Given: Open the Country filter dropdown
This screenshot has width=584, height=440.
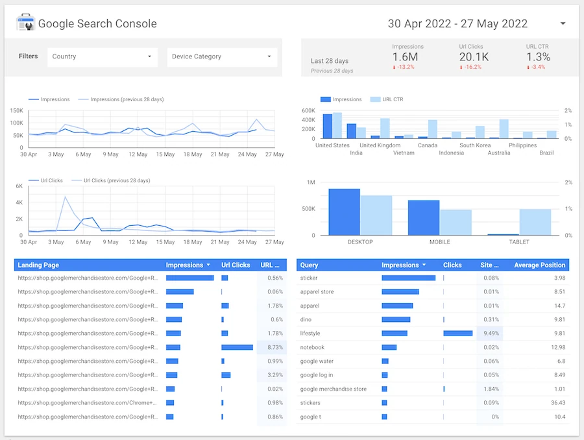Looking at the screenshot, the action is (102, 56).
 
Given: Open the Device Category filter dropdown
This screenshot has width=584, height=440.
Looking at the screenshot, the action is (222, 56).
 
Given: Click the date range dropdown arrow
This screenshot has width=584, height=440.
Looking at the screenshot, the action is (563, 23).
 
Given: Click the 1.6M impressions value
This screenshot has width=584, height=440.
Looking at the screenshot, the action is (405, 57).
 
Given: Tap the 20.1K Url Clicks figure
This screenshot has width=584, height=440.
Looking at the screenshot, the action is (474, 57).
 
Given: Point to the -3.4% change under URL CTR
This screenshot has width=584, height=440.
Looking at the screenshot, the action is (536, 67).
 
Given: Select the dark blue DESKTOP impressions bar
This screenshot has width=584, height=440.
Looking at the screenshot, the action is (344, 212).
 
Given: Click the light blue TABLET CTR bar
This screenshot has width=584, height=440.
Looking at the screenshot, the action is (535, 222).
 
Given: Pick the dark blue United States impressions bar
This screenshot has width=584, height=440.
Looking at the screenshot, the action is (328, 127).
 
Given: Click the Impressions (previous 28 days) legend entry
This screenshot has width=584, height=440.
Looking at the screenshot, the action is (121, 99).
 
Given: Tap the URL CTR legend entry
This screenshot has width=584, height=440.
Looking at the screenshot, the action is (387, 99).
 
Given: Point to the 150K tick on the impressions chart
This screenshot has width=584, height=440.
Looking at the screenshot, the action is (17, 111).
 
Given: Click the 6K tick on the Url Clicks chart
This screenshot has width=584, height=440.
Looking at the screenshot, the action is (19, 186).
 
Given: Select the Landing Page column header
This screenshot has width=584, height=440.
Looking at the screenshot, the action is (38, 265).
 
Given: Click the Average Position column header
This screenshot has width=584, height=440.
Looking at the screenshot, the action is (540, 265).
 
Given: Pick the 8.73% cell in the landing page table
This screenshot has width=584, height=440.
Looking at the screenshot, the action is (275, 347).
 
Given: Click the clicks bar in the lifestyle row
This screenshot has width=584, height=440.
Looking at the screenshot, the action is (457, 333).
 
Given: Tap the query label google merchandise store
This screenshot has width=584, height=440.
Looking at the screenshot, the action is (334, 389).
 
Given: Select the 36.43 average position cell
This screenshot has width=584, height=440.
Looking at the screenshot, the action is (558, 403).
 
